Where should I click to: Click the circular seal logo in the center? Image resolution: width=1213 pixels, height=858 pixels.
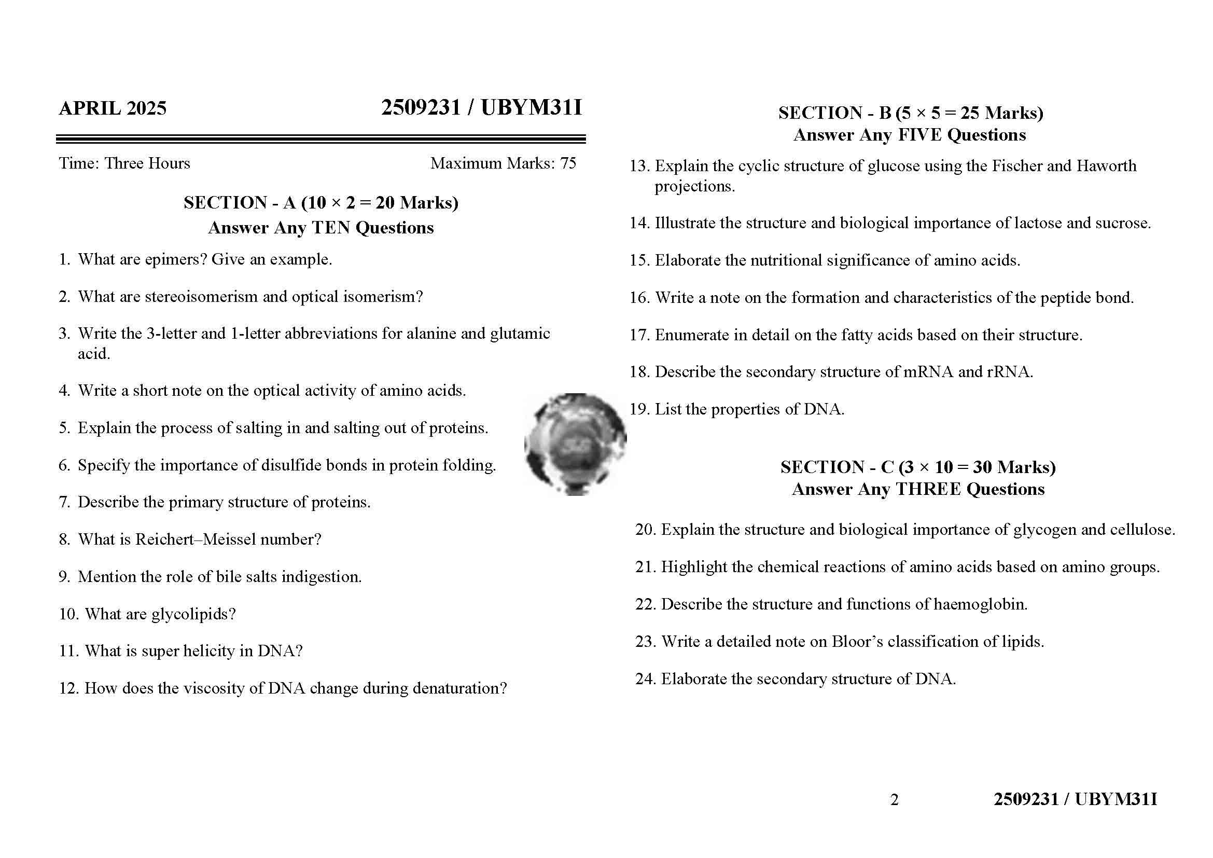[575, 445]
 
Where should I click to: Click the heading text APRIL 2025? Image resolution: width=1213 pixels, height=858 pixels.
[113, 108]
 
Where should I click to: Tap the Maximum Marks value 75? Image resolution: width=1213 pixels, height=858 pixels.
[568, 163]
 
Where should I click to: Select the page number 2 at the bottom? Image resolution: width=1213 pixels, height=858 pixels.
[895, 800]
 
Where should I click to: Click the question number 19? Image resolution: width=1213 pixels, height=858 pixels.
[638, 409]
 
